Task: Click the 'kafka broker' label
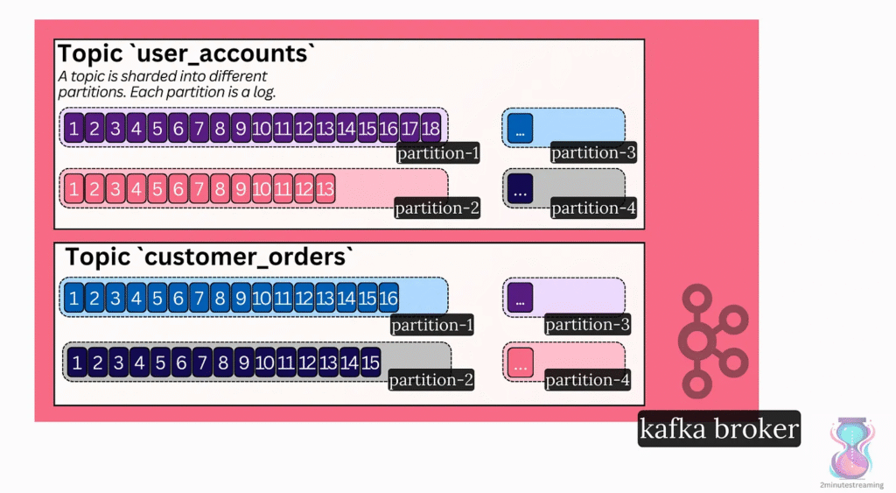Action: (718, 429)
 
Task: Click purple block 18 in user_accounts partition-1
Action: (430, 129)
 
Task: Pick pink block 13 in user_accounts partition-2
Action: (325, 188)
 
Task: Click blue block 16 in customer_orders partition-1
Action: (388, 299)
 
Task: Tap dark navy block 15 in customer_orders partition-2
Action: (370, 363)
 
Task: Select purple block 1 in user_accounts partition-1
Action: (73, 129)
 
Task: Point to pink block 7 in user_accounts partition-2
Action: (199, 188)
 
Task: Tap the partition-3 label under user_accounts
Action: (592, 153)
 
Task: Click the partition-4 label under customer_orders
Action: (588, 380)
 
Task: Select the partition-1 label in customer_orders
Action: (431, 325)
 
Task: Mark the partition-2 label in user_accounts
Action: (437, 208)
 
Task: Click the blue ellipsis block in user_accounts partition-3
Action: (520, 129)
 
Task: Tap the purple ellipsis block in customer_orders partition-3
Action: (520, 298)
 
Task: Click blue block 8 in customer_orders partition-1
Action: (220, 299)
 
